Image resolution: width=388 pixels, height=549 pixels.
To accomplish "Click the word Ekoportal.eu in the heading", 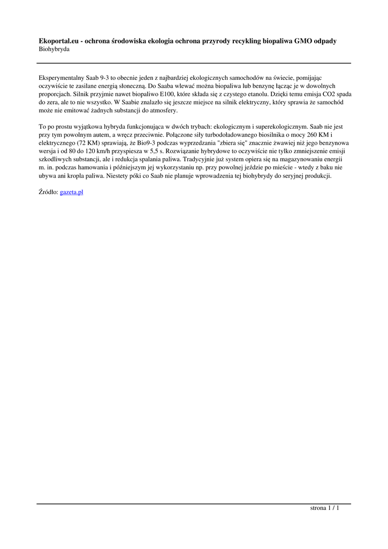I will point(58,41).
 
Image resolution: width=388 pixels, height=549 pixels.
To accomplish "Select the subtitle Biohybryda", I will point(54,49).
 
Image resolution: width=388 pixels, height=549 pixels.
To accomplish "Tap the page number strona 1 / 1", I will point(325,508).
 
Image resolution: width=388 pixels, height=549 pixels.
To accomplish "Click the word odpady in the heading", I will point(325,41).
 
